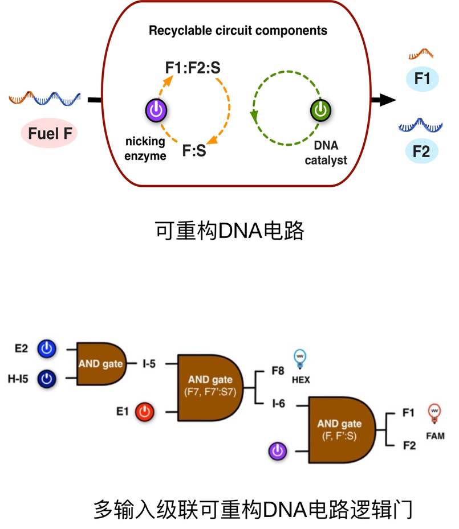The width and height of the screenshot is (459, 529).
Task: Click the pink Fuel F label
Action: pyautogui.click(x=49, y=134)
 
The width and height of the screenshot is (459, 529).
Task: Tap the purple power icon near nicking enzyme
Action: pyautogui.click(x=156, y=110)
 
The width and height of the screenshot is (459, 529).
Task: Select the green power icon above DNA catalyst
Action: pyautogui.click(x=321, y=110)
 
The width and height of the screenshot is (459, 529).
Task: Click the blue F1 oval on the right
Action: pyautogui.click(x=423, y=79)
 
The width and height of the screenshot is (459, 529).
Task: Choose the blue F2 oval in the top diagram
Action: pyautogui.click(x=423, y=151)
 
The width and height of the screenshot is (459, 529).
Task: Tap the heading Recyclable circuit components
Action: pyautogui.click(x=238, y=30)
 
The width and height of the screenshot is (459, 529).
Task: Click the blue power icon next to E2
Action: pyautogui.click(x=47, y=348)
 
